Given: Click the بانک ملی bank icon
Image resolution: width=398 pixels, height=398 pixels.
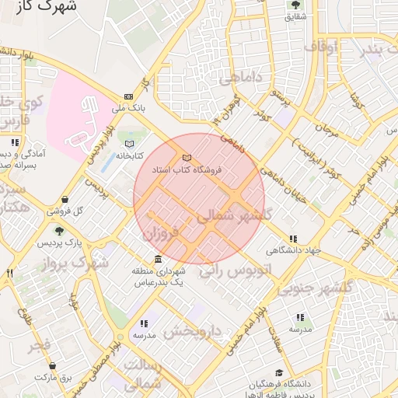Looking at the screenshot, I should click(x=127, y=97).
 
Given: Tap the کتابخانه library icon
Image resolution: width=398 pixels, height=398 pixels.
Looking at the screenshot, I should click(x=129, y=144).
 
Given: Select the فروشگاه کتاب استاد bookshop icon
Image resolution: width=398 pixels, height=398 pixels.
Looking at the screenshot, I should click(x=186, y=159).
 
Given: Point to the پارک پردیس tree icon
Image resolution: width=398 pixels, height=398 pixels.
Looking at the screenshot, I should click(x=59, y=231).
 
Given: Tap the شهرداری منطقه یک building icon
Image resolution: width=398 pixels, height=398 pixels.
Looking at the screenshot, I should click(x=158, y=259).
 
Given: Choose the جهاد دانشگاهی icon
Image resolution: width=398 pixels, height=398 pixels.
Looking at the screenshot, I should click(x=292, y=239).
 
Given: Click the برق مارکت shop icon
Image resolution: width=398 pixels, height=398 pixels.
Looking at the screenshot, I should click(x=52, y=365).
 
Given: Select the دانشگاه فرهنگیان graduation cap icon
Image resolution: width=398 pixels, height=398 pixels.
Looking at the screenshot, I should click(x=279, y=373).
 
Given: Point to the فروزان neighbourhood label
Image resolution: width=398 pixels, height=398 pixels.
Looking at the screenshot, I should click(x=161, y=231).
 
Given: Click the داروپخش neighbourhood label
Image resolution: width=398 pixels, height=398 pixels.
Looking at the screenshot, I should click(x=194, y=332).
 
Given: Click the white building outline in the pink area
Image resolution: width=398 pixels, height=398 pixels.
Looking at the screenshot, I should click(x=86, y=124).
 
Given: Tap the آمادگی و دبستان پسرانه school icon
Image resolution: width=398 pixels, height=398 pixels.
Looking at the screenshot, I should click(x=15, y=143).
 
